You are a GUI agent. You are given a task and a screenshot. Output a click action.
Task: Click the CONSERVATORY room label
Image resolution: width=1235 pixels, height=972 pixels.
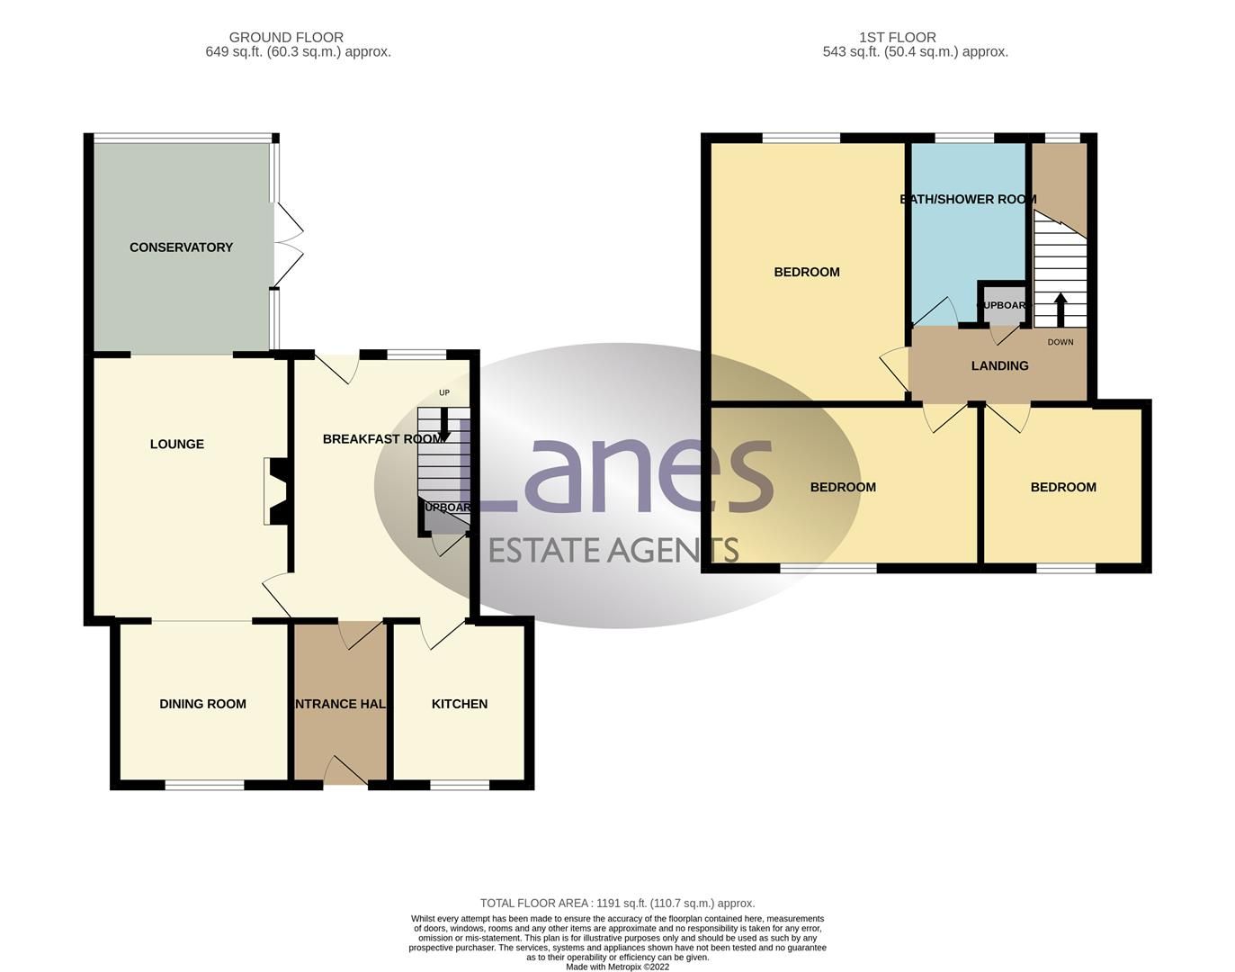coord(181,247)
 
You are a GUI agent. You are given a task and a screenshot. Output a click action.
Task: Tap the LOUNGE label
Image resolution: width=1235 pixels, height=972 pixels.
coord(177,444)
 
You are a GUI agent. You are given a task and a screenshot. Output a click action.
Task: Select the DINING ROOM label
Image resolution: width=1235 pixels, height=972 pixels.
coord(202,704)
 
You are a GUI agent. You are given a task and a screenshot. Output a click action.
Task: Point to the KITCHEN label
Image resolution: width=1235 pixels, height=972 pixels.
coord(460,704)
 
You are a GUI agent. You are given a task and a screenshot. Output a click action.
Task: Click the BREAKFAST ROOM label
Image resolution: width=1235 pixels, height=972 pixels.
coord(383,439)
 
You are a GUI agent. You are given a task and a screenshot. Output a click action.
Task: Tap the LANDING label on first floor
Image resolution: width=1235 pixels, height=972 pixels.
coord(1000,365)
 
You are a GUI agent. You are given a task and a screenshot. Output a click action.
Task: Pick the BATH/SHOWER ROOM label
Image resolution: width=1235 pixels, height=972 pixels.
coord(969,199)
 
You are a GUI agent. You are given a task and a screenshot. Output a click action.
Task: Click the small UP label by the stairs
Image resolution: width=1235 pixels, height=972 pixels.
coord(444,392)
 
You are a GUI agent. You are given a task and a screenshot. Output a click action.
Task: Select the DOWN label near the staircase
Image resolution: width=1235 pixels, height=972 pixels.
coord(1060,342)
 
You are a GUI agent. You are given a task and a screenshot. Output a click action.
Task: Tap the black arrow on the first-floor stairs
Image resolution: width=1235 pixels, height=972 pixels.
coord(1060,308)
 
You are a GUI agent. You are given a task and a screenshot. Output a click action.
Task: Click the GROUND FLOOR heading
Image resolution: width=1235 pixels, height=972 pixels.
coord(286,38)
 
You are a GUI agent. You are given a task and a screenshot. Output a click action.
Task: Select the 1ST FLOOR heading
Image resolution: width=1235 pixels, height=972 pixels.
coord(898,38)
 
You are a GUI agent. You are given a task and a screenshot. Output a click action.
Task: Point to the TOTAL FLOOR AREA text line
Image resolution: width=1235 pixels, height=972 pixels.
coord(617,903)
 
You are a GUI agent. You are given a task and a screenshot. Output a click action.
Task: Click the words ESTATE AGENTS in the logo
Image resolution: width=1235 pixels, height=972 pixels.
coord(613,549)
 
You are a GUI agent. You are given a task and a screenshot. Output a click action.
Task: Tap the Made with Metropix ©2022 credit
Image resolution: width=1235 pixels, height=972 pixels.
coord(617,967)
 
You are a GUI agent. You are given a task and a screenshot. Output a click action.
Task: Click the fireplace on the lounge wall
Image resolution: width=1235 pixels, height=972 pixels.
coord(276,490)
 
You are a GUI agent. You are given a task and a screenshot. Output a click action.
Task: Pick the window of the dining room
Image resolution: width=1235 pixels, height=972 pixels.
coord(204,785)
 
